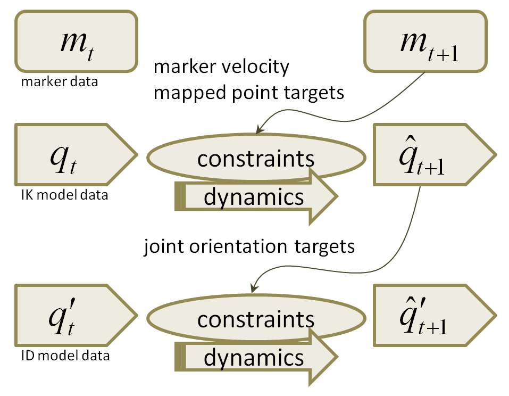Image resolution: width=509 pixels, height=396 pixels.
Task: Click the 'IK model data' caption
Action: point(62,195)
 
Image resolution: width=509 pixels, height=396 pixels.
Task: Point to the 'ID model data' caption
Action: point(62,355)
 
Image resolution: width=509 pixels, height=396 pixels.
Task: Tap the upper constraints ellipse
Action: point(255,158)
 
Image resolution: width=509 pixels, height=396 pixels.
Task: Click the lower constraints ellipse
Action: point(255,318)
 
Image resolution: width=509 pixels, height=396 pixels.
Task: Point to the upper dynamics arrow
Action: point(255,196)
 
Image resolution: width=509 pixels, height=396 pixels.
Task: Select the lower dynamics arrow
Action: point(255,357)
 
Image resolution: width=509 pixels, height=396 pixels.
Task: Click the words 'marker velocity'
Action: point(221,67)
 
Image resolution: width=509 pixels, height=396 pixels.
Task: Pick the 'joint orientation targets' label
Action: point(249,247)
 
